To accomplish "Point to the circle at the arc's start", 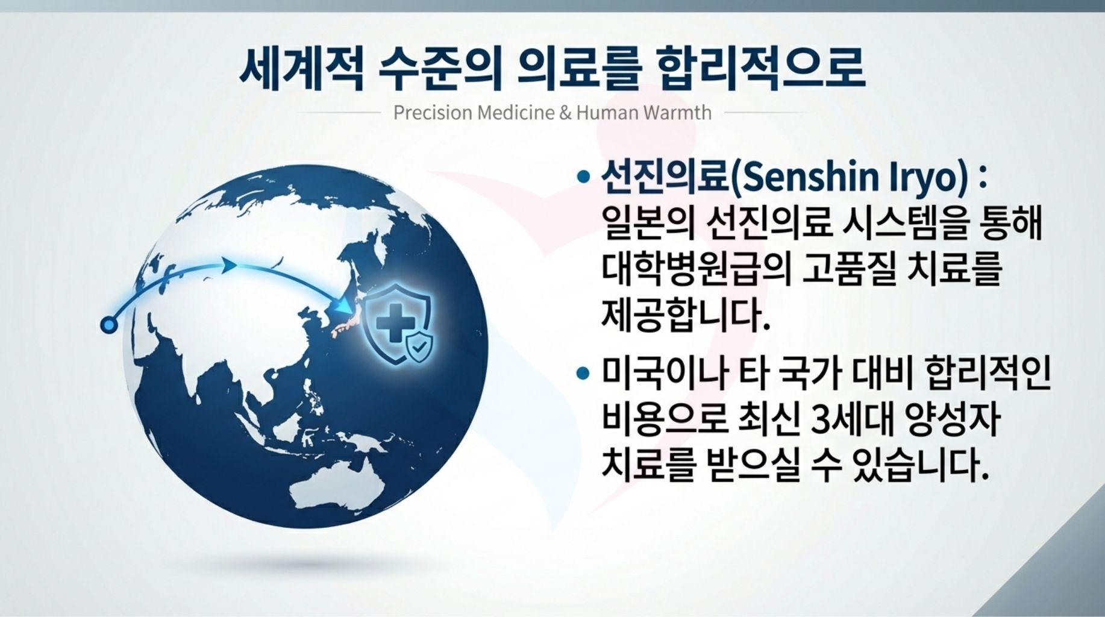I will coord(108,325).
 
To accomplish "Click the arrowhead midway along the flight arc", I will coord(228,265).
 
